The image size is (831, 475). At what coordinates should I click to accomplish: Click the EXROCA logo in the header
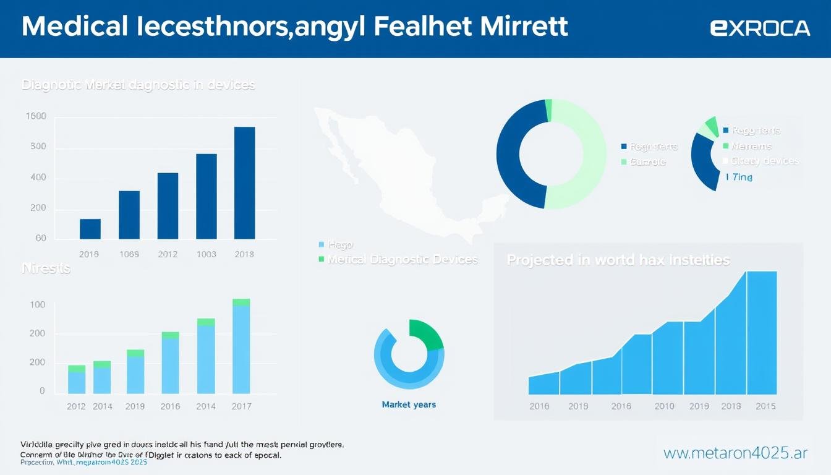point(760,28)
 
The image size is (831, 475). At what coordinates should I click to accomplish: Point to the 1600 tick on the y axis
point(36,116)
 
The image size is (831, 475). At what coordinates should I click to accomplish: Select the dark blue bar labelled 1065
point(129,215)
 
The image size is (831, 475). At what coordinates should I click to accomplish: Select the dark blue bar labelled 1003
point(207,196)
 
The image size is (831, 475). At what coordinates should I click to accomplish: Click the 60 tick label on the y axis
point(41,238)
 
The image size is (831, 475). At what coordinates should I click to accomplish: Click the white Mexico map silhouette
point(396,173)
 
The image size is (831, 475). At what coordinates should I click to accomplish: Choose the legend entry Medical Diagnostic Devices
point(403,260)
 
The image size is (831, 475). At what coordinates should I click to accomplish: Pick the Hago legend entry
point(339,245)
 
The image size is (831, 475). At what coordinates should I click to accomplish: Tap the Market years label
point(409,404)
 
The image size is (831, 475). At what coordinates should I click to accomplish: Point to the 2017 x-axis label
point(241,406)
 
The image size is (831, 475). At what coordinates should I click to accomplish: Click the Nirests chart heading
point(46,269)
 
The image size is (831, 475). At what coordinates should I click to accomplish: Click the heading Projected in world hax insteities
point(618,260)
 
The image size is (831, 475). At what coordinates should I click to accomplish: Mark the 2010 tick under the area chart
point(665,406)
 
